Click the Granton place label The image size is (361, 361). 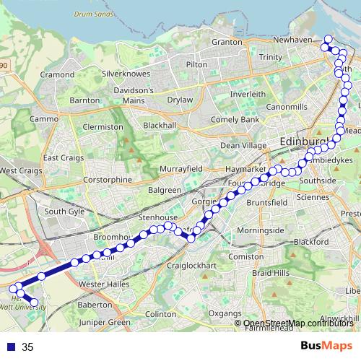(x=227, y=42)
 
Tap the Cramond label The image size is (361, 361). (x=57, y=74)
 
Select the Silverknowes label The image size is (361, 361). (x=126, y=74)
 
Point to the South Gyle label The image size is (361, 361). (x=64, y=212)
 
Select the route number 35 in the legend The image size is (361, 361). (x=28, y=347)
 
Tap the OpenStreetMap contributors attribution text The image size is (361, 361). (x=299, y=323)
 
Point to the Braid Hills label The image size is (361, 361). (x=271, y=274)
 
